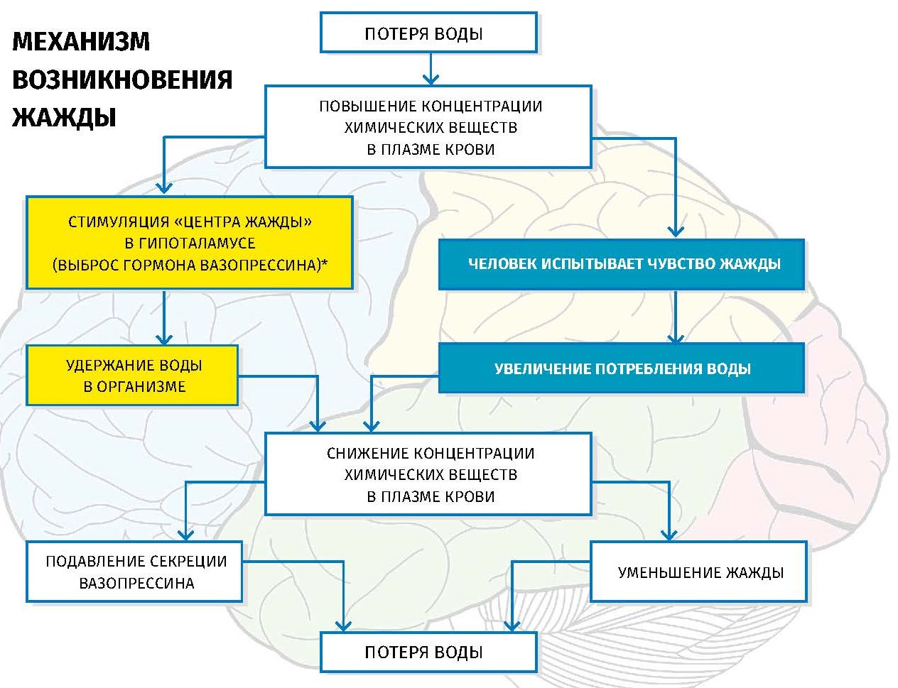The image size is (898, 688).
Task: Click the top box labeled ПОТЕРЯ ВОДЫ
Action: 428,33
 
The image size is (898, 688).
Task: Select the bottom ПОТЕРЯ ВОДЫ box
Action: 428,652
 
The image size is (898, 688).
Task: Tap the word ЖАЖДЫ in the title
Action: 64,117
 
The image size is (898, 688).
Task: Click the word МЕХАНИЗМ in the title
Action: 81,41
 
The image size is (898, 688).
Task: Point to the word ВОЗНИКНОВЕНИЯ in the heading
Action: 122,80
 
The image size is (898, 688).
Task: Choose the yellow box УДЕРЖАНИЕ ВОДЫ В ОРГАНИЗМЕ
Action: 132,376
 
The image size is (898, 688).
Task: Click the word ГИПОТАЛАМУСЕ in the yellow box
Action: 190,243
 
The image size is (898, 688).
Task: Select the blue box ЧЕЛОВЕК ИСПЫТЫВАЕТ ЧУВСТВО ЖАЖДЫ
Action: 622,264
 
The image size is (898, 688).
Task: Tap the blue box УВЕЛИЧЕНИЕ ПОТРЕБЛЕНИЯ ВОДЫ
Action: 622,368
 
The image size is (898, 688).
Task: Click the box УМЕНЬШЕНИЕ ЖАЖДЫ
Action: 698,572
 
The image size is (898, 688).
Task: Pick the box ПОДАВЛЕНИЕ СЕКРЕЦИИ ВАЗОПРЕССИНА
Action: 134,572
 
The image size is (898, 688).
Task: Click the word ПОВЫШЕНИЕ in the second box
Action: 367,106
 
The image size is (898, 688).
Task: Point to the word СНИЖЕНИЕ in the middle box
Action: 367,454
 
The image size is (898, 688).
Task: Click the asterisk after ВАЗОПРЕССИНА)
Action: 325,262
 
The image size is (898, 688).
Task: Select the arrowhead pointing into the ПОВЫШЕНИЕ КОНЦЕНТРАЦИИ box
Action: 431,80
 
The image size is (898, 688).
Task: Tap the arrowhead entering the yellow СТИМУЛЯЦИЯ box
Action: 164,188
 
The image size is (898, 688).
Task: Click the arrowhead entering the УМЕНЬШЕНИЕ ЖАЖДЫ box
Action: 669,535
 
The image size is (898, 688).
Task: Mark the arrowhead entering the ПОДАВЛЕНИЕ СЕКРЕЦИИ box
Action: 186,535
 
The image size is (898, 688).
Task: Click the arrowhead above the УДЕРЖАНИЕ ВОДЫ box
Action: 164,339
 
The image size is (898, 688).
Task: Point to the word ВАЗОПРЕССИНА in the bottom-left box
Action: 137,583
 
